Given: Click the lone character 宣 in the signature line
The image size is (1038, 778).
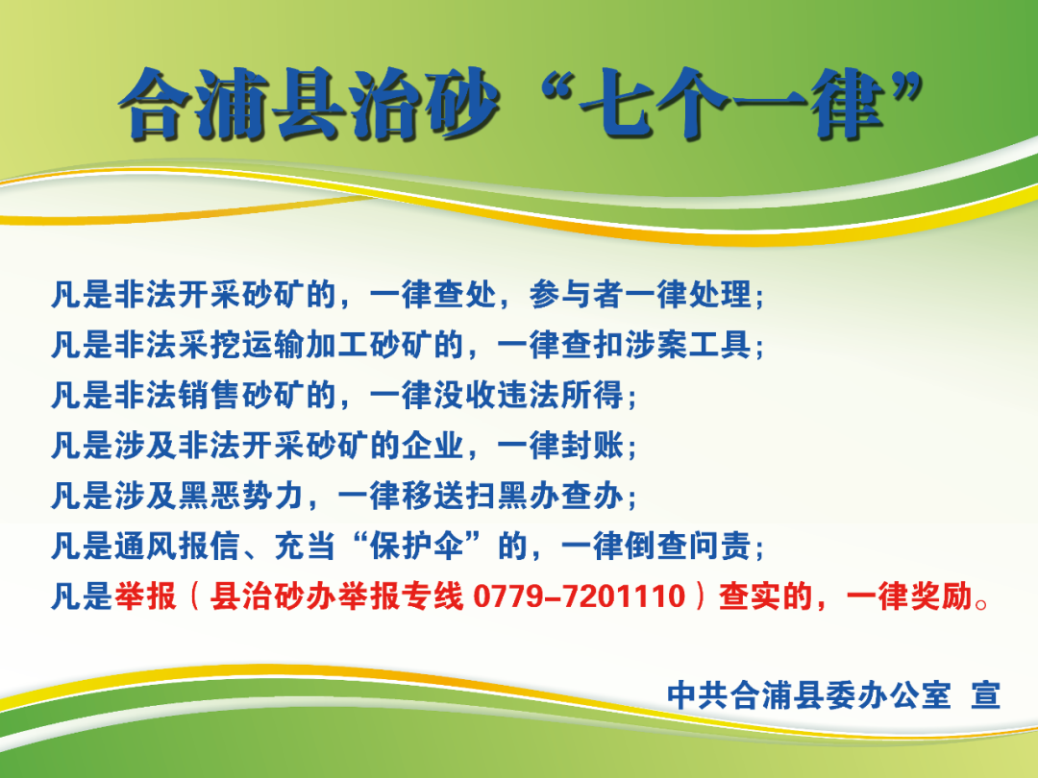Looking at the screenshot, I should (x=985, y=694).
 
